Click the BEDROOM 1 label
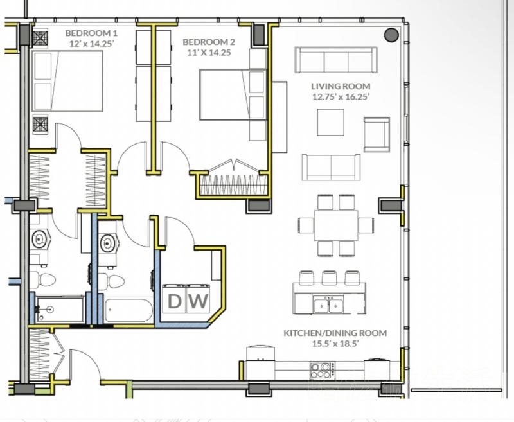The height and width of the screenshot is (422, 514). point(91,33)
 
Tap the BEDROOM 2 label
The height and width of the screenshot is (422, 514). point(209,42)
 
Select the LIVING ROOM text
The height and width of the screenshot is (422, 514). point(341,86)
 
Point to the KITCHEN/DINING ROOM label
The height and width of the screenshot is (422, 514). point(335,333)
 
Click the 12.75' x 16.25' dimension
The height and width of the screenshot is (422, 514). point(341,96)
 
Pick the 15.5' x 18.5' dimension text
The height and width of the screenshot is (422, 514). point(335,344)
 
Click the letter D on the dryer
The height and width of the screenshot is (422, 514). point(174,301)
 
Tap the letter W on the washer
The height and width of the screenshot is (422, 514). point(198,301)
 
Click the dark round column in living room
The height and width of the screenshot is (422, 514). point(391,35)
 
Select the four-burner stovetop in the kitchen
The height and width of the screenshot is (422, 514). point(323,371)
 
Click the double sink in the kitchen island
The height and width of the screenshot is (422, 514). point(328,304)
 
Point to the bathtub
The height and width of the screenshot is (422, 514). point(129,310)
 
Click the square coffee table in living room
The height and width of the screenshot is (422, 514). point(330,123)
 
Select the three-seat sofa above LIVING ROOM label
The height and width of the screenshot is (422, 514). point(336,60)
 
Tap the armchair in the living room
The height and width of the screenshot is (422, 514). point(377,135)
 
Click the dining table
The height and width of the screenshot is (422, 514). point(336,225)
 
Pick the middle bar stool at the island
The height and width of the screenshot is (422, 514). point(329,278)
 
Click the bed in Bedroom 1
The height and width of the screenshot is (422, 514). point(67,81)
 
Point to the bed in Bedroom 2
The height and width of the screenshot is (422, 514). point(233,94)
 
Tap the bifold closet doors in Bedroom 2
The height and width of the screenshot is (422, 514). point(235,166)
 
